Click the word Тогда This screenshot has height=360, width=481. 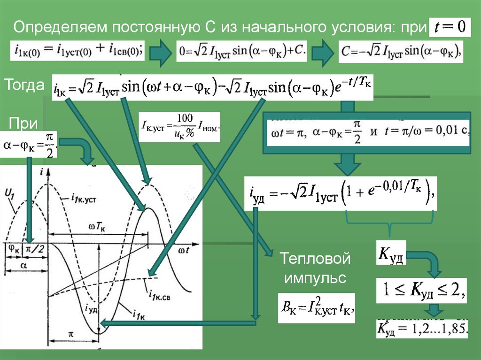pyautogui.click(x=24, y=85)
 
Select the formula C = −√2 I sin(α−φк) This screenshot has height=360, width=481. pyautogui.click(x=401, y=50)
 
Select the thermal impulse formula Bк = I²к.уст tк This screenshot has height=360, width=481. pyautogui.click(x=316, y=309)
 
